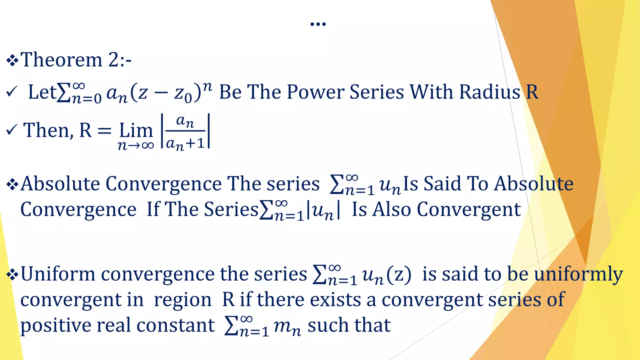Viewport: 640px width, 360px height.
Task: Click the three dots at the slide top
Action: pos(318,24)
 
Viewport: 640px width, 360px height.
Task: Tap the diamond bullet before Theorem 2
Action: pos(12,60)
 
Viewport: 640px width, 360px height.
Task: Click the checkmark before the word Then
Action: pos(11,130)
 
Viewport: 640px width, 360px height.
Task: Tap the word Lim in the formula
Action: pos(136,130)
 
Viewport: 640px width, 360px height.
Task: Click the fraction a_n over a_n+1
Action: pos(185,132)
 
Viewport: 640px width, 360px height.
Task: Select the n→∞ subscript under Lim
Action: pos(136,145)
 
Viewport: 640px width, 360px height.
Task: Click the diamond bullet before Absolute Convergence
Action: pos(12,184)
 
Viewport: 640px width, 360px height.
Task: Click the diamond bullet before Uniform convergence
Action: pos(12,274)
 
